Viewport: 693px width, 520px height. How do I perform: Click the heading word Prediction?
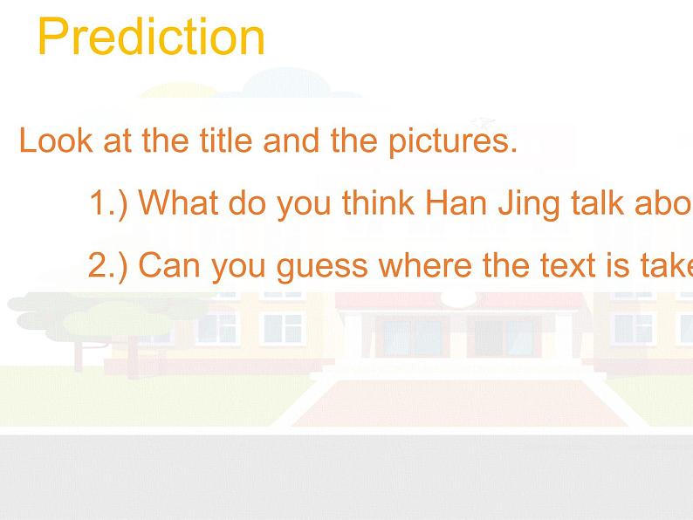(150, 38)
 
